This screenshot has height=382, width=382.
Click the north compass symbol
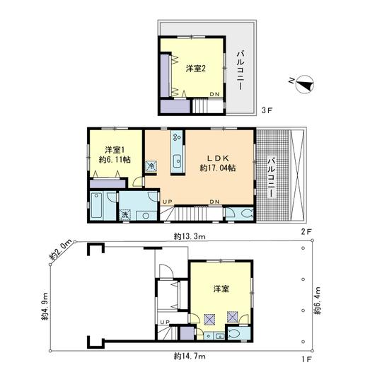click(303, 85)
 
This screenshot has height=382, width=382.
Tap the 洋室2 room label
click(196, 69)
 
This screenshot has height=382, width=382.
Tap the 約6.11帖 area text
click(115, 161)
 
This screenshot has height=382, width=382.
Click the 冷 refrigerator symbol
click(151, 166)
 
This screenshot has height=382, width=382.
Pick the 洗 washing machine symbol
click(124, 215)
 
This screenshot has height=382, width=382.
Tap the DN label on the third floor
click(214, 95)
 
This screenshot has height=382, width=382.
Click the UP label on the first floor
click(165, 323)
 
